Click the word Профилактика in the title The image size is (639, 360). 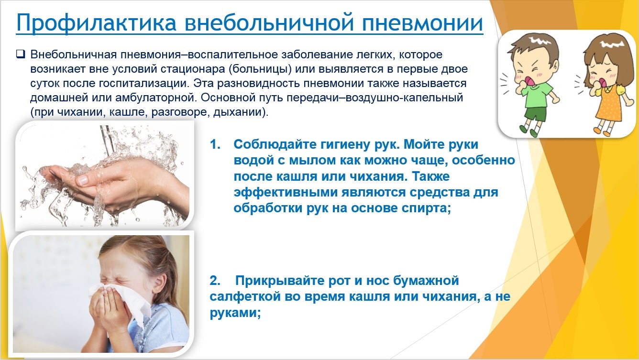coord(97,22)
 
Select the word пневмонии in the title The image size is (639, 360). coord(422,22)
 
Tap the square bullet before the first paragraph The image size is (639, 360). coord(20,54)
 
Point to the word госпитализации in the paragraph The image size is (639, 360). coord(144,84)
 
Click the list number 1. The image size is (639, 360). coord(215,144)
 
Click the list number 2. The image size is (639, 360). coord(215,281)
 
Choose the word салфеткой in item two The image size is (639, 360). coord(245,297)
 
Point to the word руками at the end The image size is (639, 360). coord(235,313)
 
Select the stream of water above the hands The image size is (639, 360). coord(108,140)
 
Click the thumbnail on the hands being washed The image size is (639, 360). coord(83,180)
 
